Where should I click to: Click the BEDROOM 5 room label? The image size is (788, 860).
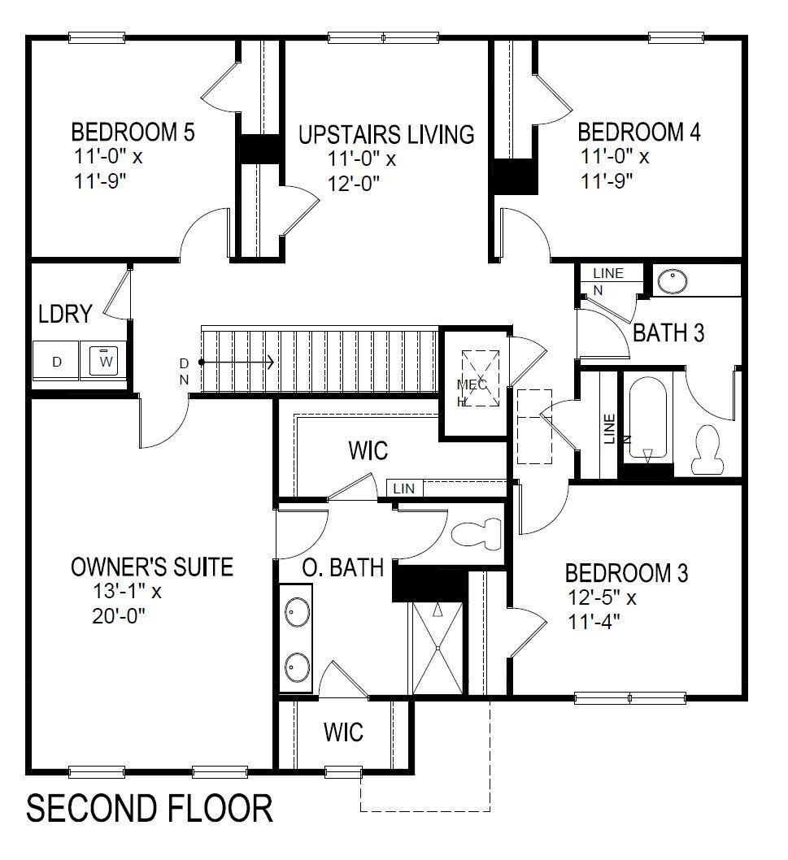(133, 132)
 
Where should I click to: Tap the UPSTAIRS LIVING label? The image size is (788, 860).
(385, 134)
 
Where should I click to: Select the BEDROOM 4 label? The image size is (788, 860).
(638, 132)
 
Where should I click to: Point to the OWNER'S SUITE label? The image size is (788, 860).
(152, 567)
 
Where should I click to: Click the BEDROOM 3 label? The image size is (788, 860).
(626, 573)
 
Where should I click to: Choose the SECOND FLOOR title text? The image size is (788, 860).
(150, 810)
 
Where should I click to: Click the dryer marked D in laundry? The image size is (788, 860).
(56, 362)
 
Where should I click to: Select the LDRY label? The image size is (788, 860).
(64, 315)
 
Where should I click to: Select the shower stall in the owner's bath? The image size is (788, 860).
(438, 648)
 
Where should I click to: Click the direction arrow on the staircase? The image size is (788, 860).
(239, 363)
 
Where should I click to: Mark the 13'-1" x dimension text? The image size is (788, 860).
(128, 592)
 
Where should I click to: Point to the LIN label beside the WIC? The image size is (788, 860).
(404, 489)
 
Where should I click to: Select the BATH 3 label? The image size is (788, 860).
(668, 332)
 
